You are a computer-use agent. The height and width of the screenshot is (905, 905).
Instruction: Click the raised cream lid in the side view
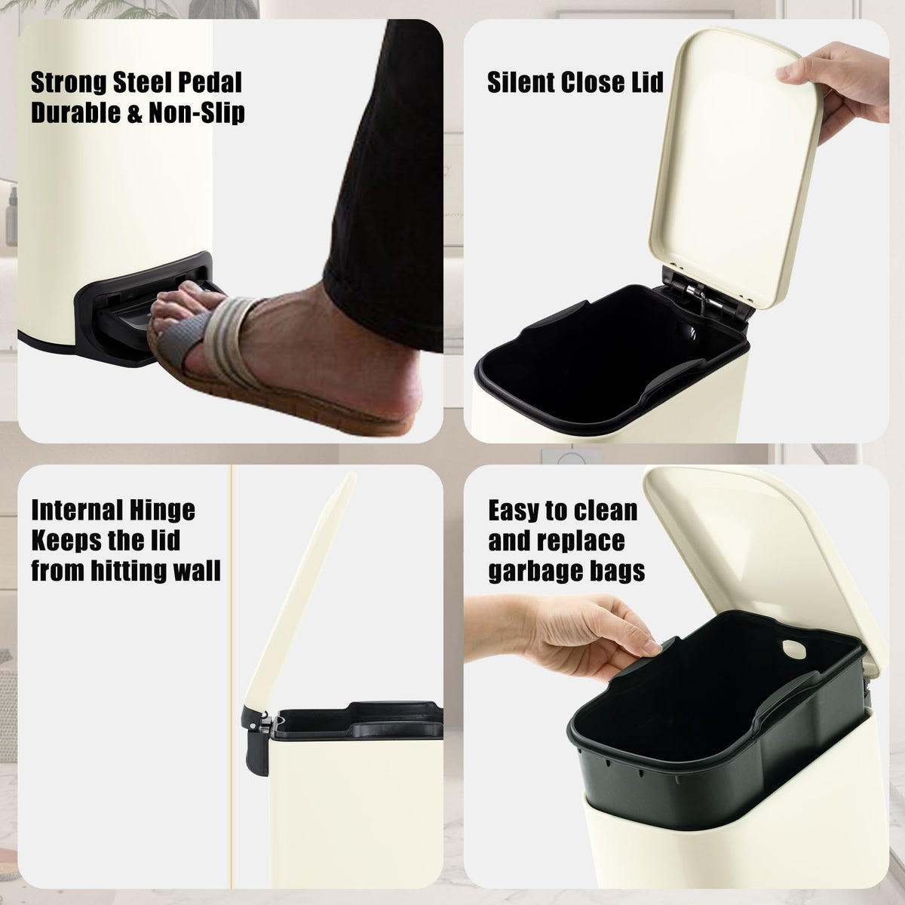coord(301,592)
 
